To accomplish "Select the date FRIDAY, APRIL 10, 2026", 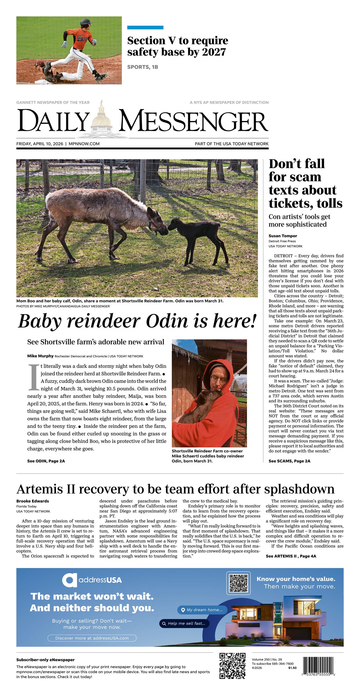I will [x=40, y=144].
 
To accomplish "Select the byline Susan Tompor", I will [x=282, y=236].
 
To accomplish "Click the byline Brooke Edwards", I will [x=33, y=501].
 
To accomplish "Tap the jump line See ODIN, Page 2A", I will [x=46, y=461].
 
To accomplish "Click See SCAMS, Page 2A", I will [x=289, y=461].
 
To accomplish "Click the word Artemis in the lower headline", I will [x=40, y=489].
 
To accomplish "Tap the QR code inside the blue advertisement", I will [x=238, y=583].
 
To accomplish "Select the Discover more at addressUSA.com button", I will [x=92, y=638].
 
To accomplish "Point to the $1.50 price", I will [x=292, y=668].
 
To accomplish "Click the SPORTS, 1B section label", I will [x=143, y=67].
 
